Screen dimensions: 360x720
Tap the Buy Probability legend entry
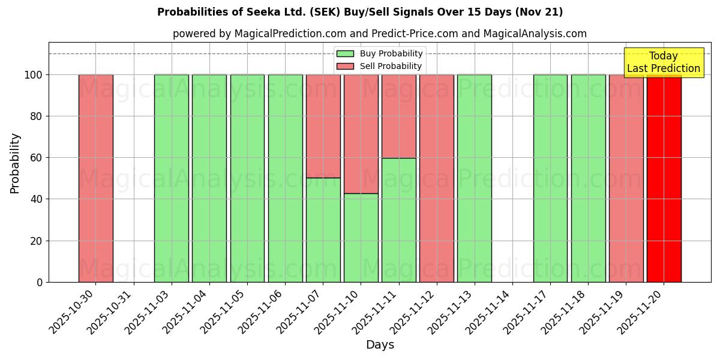(380, 54)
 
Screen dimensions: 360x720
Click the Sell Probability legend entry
(380, 66)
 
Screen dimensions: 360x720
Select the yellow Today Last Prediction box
(663, 62)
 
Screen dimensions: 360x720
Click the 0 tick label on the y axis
(40, 282)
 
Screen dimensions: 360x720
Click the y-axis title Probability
(15, 163)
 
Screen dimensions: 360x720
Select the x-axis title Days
(380, 345)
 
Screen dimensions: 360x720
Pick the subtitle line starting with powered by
(379, 34)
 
